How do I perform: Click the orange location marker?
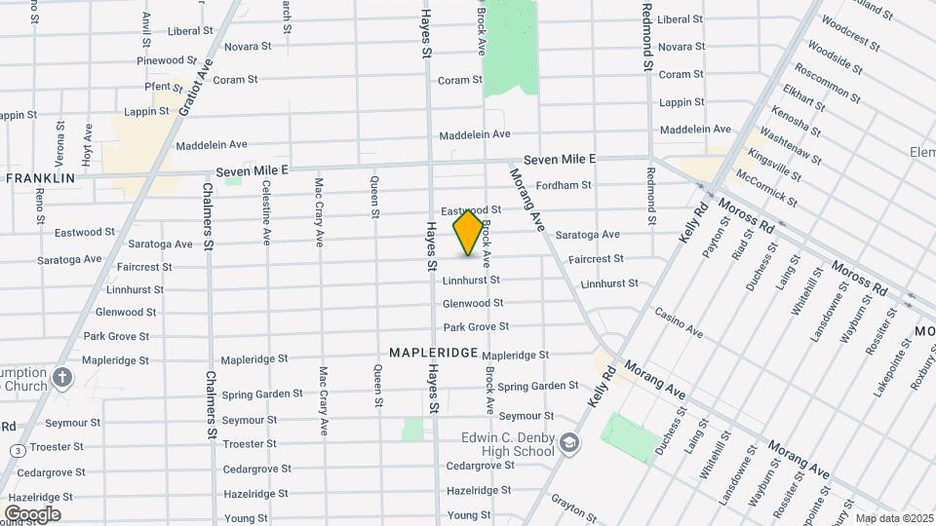click(468, 232)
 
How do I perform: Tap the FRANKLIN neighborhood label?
click(40, 178)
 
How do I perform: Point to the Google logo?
click(32, 513)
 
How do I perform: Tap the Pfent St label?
click(158, 87)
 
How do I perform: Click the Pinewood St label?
click(160, 60)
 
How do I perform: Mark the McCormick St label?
click(765, 188)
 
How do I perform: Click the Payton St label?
click(717, 236)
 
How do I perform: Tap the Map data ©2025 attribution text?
click(892, 518)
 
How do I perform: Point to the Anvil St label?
click(146, 29)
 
